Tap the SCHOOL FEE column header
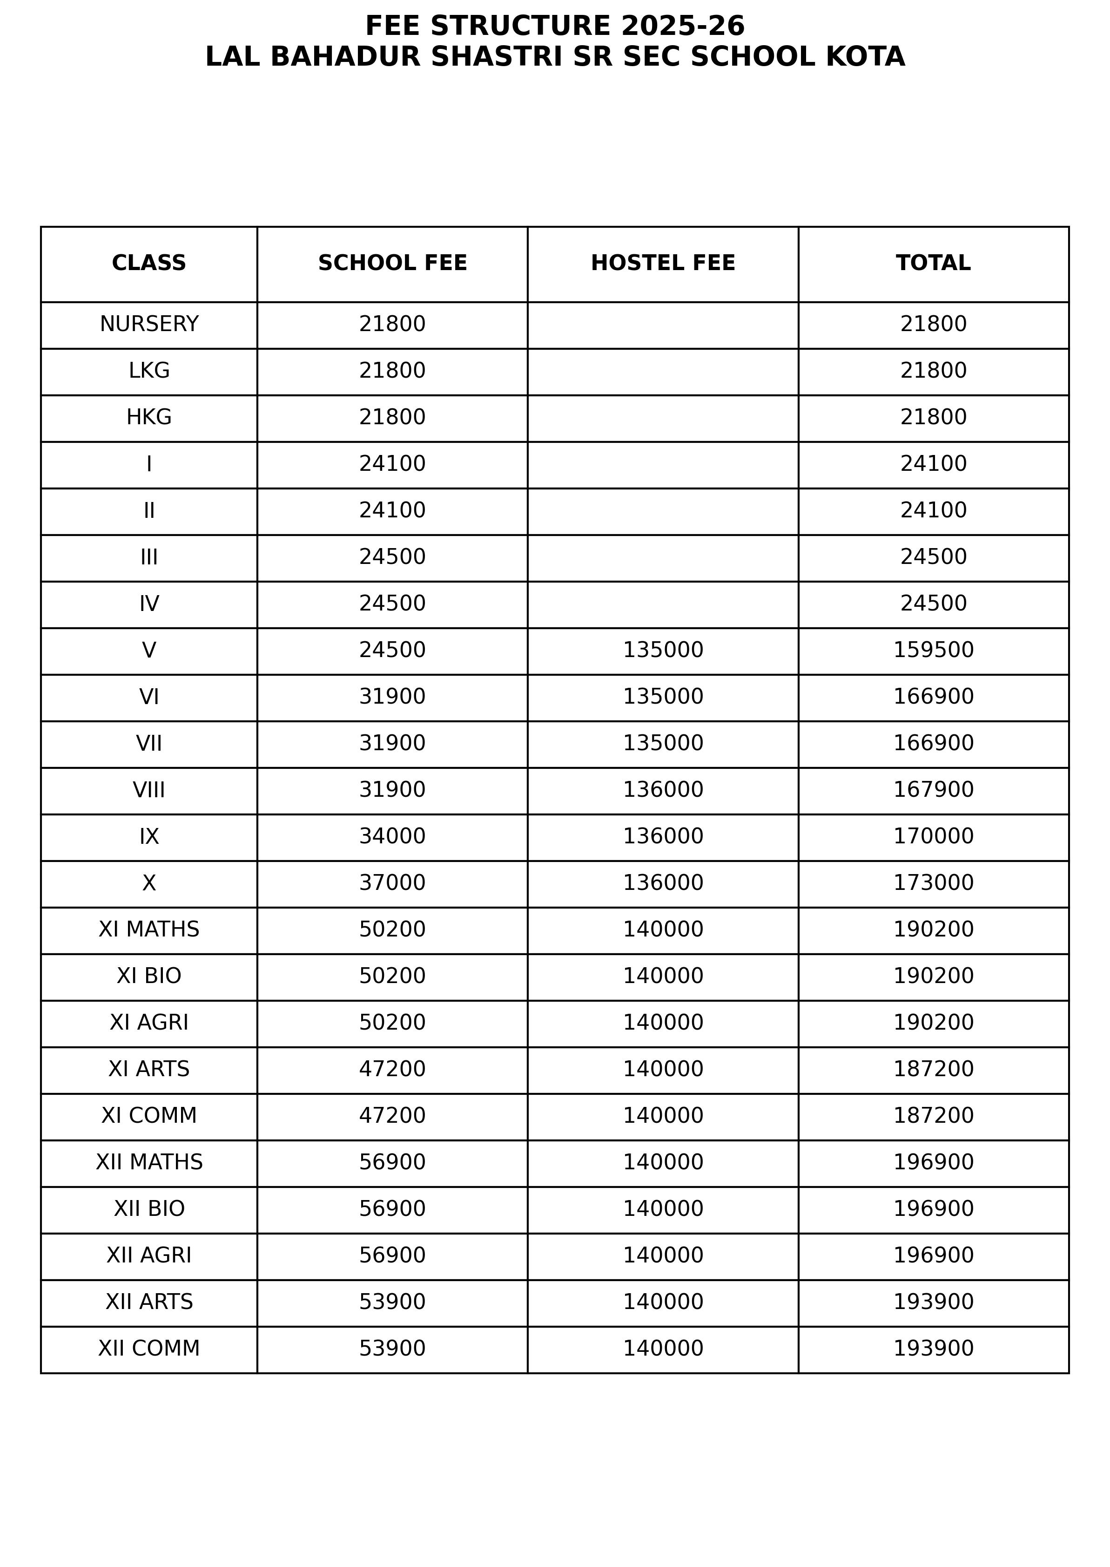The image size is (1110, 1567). click(392, 263)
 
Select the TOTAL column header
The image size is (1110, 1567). click(933, 263)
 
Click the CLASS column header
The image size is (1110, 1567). click(149, 263)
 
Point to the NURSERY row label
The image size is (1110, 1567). click(149, 324)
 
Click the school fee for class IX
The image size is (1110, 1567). click(392, 836)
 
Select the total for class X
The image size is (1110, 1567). click(933, 882)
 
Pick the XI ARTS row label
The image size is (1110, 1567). click(149, 1069)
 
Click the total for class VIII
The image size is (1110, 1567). click(933, 790)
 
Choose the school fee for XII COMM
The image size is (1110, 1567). click(392, 1348)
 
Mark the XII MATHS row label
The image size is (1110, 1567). click(149, 1162)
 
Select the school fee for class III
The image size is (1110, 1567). click(392, 557)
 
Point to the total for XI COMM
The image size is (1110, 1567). click(933, 1116)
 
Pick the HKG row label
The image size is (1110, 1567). click(149, 417)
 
